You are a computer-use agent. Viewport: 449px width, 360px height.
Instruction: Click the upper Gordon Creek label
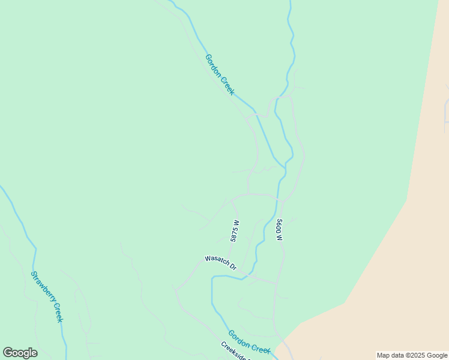pyautogui.click(x=219, y=75)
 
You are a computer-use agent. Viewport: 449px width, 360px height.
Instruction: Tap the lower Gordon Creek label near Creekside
pyautogui.click(x=249, y=341)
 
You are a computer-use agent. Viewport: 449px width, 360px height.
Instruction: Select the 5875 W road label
pyautogui.click(x=235, y=230)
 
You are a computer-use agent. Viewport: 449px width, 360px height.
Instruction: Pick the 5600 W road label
pyautogui.click(x=279, y=230)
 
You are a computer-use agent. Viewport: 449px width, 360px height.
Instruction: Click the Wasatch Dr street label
pyautogui.click(x=221, y=263)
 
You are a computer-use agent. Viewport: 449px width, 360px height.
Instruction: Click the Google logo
pyautogui.click(x=20, y=353)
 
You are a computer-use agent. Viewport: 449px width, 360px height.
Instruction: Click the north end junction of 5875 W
pyautogui.click(x=232, y=201)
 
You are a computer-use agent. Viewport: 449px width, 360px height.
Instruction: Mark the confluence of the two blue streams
pyautogui.click(x=284, y=168)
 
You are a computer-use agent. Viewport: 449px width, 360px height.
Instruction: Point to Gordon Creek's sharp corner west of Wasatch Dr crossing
pyautogui.click(x=212, y=278)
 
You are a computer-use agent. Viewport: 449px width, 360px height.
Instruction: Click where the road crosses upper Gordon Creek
pyautogui.click(x=256, y=113)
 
